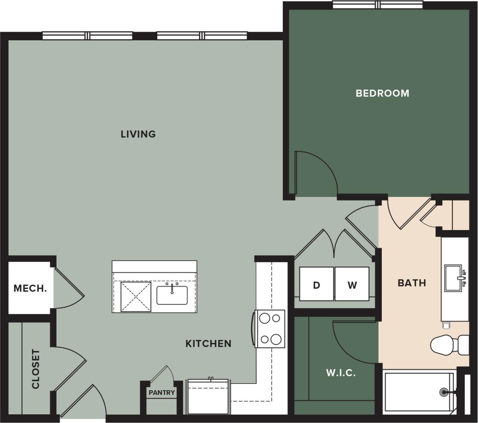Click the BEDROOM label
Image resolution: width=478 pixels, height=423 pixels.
382,93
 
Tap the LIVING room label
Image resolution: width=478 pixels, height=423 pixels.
138,134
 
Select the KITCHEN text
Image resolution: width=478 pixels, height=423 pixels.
208,344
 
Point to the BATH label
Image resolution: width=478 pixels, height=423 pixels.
411,283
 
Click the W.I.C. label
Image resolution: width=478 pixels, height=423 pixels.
341,372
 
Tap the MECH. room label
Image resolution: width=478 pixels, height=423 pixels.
30,288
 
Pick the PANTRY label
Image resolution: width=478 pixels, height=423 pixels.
162,393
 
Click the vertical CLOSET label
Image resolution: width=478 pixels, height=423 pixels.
36,369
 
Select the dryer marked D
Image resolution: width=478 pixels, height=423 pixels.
317,284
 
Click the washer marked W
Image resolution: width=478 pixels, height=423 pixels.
352,284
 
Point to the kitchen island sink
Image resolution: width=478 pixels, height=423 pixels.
172,295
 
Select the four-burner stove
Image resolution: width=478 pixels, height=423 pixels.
270,329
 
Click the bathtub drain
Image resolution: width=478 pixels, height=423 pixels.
445,392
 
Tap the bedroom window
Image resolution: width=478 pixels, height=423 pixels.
377,5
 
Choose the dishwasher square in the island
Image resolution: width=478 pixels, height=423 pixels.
135,296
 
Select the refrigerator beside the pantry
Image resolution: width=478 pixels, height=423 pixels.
208,397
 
